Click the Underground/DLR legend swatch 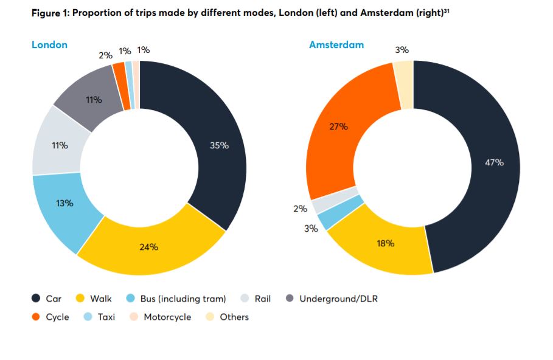tap(290, 299)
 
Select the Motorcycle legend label tap(167, 317)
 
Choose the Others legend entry tap(234, 317)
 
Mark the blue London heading tap(49, 44)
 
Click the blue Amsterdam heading tap(336, 44)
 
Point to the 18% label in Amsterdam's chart tap(386, 243)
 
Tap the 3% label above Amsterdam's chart tap(402, 50)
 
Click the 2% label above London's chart tap(105, 55)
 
